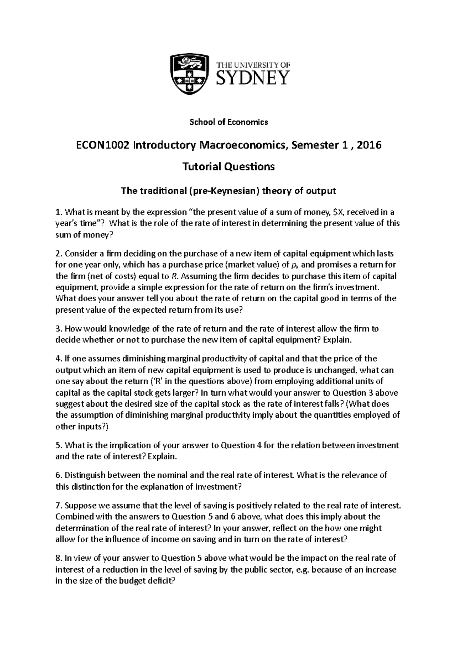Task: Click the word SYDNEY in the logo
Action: point(253,78)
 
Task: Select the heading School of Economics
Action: point(228,122)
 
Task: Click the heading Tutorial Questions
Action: point(228,167)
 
